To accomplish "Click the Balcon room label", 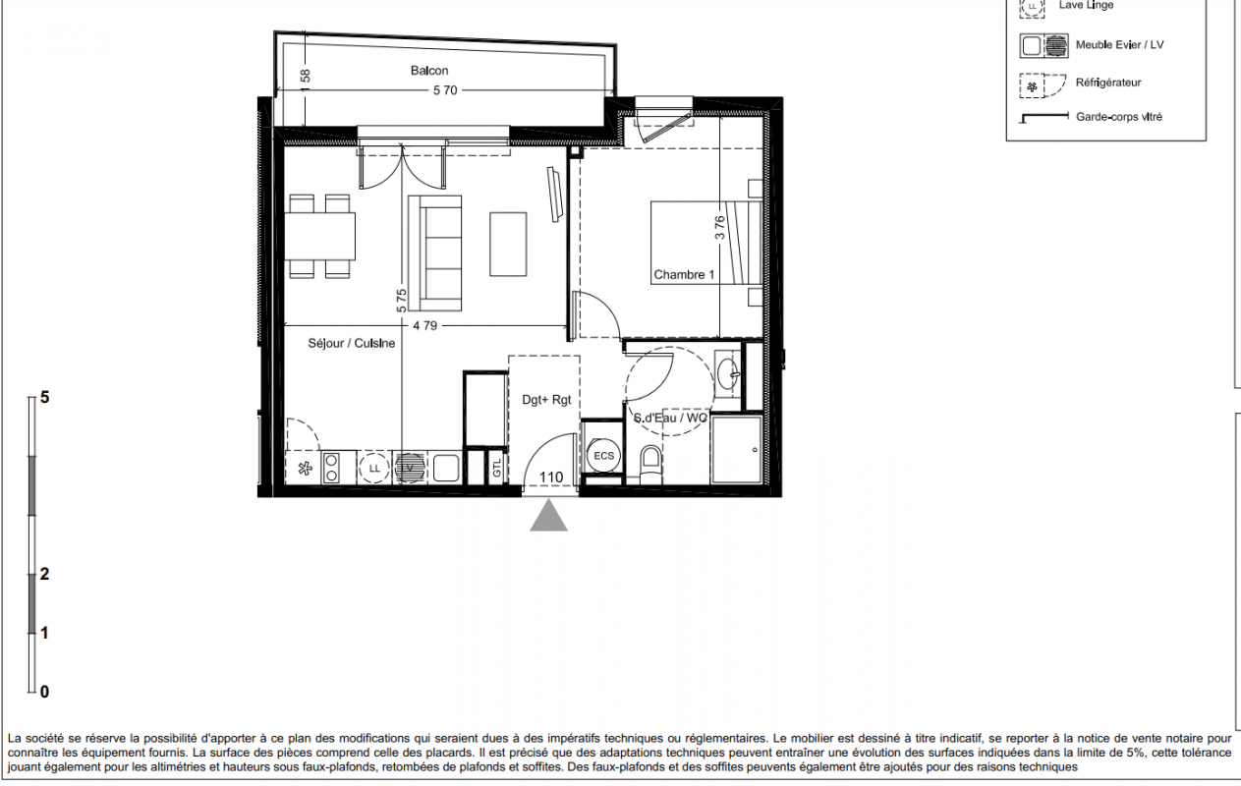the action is pyautogui.click(x=429, y=71).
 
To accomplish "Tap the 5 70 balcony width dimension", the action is pyautogui.click(x=445, y=90).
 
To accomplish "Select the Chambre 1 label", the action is pyautogui.click(x=684, y=275).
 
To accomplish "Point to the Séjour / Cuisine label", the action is pyautogui.click(x=351, y=344).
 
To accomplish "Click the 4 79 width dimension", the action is pyautogui.click(x=424, y=326).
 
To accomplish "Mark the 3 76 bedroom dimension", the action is pyautogui.click(x=719, y=227).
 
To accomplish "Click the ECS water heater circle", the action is pyautogui.click(x=604, y=455).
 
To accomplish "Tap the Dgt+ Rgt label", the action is pyautogui.click(x=546, y=400).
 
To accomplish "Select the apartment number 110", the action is pyautogui.click(x=551, y=477).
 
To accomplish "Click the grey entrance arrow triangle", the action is pyautogui.click(x=548, y=516).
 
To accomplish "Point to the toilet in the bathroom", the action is pyautogui.click(x=650, y=465).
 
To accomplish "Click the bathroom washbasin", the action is pyautogui.click(x=727, y=374).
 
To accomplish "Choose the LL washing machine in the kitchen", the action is pyautogui.click(x=374, y=468).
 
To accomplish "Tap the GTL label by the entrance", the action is pyautogui.click(x=497, y=468).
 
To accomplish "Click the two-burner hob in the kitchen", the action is pyautogui.click(x=331, y=468).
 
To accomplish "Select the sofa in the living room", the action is pyautogui.click(x=435, y=253).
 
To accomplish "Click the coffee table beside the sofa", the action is pyautogui.click(x=508, y=245).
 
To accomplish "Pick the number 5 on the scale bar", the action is pyautogui.click(x=45, y=397).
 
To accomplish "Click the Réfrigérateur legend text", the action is pyautogui.click(x=1108, y=84).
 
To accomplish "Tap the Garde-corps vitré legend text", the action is pyautogui.click(x=1119, y=117).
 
